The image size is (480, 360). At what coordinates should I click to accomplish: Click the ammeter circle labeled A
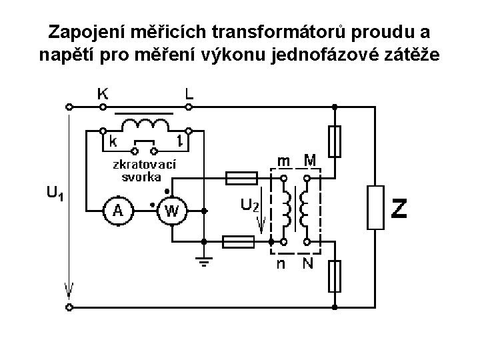pyautogui.click(x=117, y=211)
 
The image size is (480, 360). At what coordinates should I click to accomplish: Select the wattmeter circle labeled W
pyautogui.click(x=171, y=211)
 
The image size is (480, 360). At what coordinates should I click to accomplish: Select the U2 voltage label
pyautogui.click(x=249, y=205)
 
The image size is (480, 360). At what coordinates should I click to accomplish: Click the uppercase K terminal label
pyautogui.click(x=103, y=94)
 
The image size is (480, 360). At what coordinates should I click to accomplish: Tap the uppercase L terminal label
pyautogui.click(x=189, y=94)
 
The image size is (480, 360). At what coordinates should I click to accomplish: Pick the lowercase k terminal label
pyautogui.click(x=113, y=141)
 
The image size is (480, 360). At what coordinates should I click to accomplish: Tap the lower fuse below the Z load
pyautogui.click(x=335, y=276)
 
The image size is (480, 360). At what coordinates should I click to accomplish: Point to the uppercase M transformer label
pyautogui.click(x=309, y=160)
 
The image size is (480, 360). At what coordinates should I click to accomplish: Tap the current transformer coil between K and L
pyautogui.click(x=145, y=124)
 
